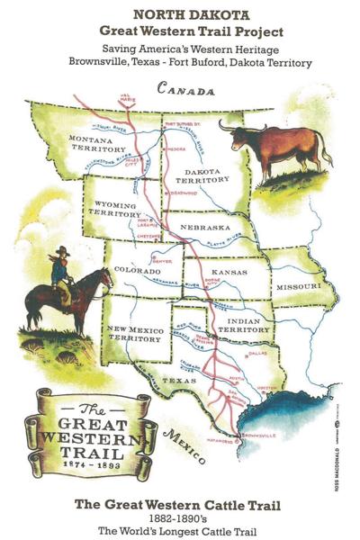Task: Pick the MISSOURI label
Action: tap(298, 285)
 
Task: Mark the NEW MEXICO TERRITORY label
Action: tap(132, 333)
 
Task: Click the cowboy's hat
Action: tap(63, 251)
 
